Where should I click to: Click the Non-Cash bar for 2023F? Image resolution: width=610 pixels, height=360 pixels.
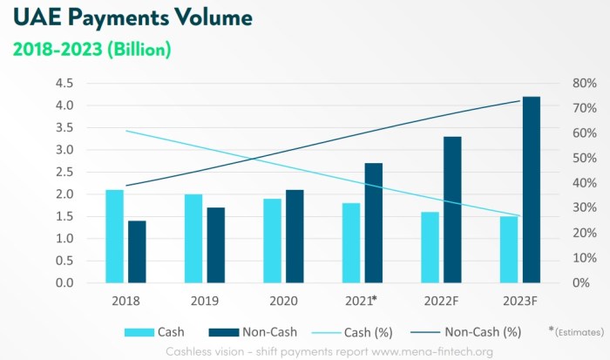coord(531,190)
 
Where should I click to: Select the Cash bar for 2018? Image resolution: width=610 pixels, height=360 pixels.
coord(114,236)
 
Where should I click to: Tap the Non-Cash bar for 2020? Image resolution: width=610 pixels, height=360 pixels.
coord(295,236)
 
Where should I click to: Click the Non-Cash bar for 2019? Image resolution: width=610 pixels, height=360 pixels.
coord(216,245)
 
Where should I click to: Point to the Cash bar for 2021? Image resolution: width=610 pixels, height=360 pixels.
coord(351,243)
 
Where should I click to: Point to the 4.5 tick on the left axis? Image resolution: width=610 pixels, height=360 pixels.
coord(64,84)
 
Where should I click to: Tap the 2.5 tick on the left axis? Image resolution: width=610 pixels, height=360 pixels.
coord(64,173)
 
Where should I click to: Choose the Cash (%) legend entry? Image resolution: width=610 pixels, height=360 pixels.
coord(383,331)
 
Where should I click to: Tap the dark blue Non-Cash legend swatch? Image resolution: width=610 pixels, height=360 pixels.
coord(227,331)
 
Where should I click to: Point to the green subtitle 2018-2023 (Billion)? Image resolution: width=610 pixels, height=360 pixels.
coord(91,50)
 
